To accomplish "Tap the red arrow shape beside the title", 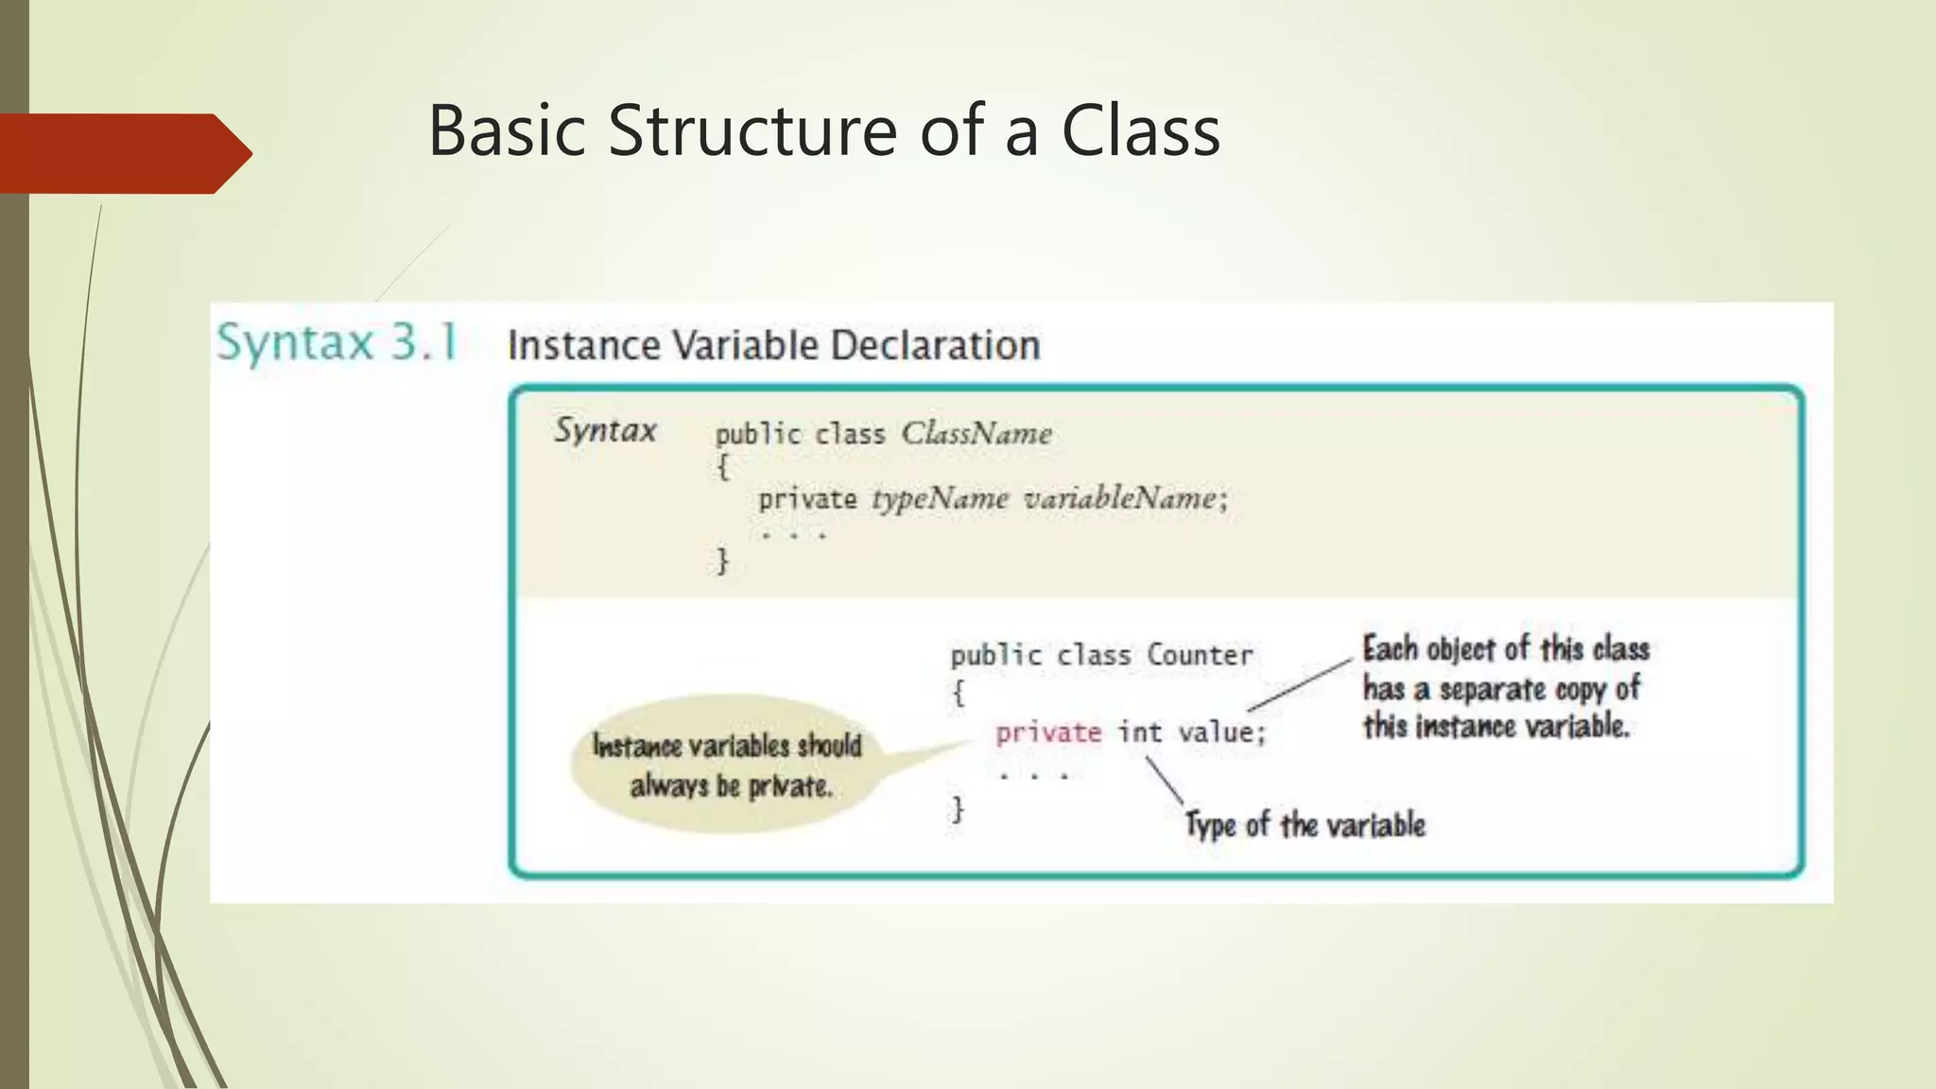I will [x=123, y=153].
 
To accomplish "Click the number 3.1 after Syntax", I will [x=424, y=342].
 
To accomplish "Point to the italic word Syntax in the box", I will [x=605, y=431].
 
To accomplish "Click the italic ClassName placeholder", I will [x=976, y=434].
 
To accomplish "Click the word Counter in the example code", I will [x=1200, y=655].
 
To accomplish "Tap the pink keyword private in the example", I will [x=1048, y=733].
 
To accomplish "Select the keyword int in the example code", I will [x=1139, y=733].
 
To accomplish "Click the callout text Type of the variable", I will [x=1305, y=824].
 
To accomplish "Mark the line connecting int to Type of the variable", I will [x=1165, y=780].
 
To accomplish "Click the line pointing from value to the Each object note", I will [x=1301, y=685].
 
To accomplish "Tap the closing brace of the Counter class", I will [x=958, y=809].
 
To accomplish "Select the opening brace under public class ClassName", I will [x=722, y=466].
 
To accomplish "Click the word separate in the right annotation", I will [x=1492, y=689].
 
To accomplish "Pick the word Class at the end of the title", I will [x=1140, y=130].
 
